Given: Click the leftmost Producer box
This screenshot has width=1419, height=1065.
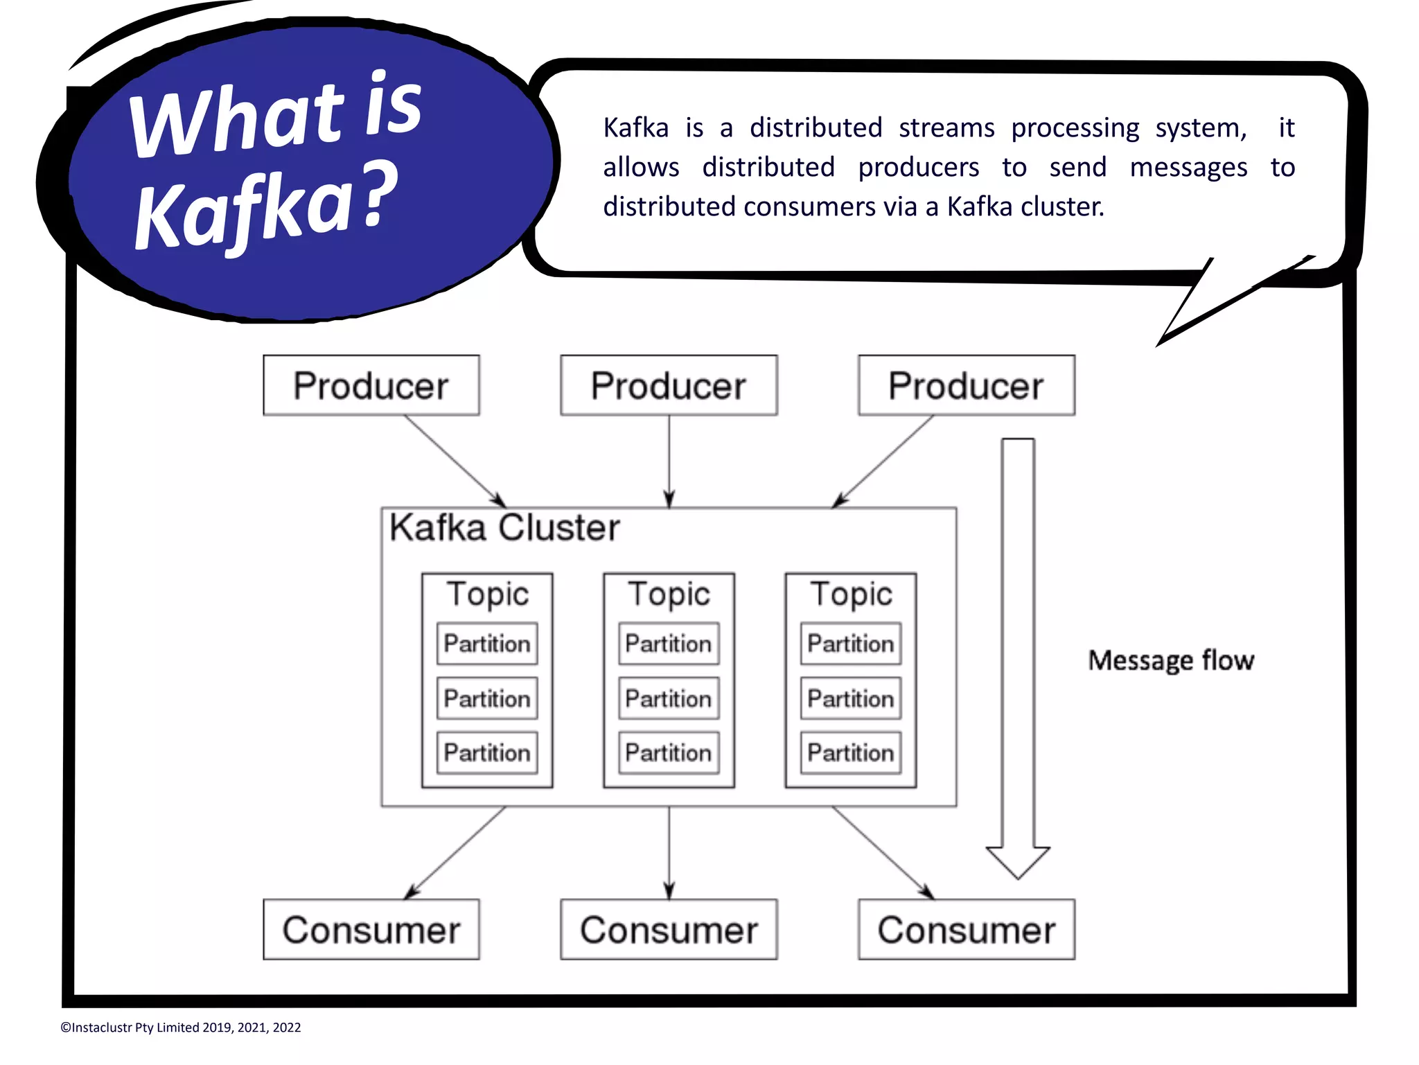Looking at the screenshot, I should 371,385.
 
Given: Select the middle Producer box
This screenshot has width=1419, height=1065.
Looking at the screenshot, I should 669,385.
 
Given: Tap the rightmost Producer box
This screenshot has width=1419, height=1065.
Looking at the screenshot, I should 966,385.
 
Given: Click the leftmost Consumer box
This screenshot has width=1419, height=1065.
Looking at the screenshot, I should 371,929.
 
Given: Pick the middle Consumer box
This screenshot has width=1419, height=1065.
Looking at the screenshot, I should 669,929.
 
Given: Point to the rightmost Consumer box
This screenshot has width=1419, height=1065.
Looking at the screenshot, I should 966,929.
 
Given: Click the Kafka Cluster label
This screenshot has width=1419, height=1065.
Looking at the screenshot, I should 504,528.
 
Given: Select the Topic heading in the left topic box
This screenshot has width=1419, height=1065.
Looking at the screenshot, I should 487,595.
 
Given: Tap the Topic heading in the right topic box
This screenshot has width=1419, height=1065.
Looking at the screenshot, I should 851,595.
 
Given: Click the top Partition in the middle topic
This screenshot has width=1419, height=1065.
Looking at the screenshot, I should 669,644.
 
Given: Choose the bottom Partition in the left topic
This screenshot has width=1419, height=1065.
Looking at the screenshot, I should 487,752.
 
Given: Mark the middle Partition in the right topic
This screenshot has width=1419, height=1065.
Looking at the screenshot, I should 851,698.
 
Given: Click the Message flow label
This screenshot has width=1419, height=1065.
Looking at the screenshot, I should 1171,660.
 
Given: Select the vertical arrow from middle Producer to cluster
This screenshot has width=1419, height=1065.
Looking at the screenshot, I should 669,461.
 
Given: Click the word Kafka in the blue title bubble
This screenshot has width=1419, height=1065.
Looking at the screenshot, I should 243,211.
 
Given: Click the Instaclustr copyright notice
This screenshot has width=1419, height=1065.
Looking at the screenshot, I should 181,1028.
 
